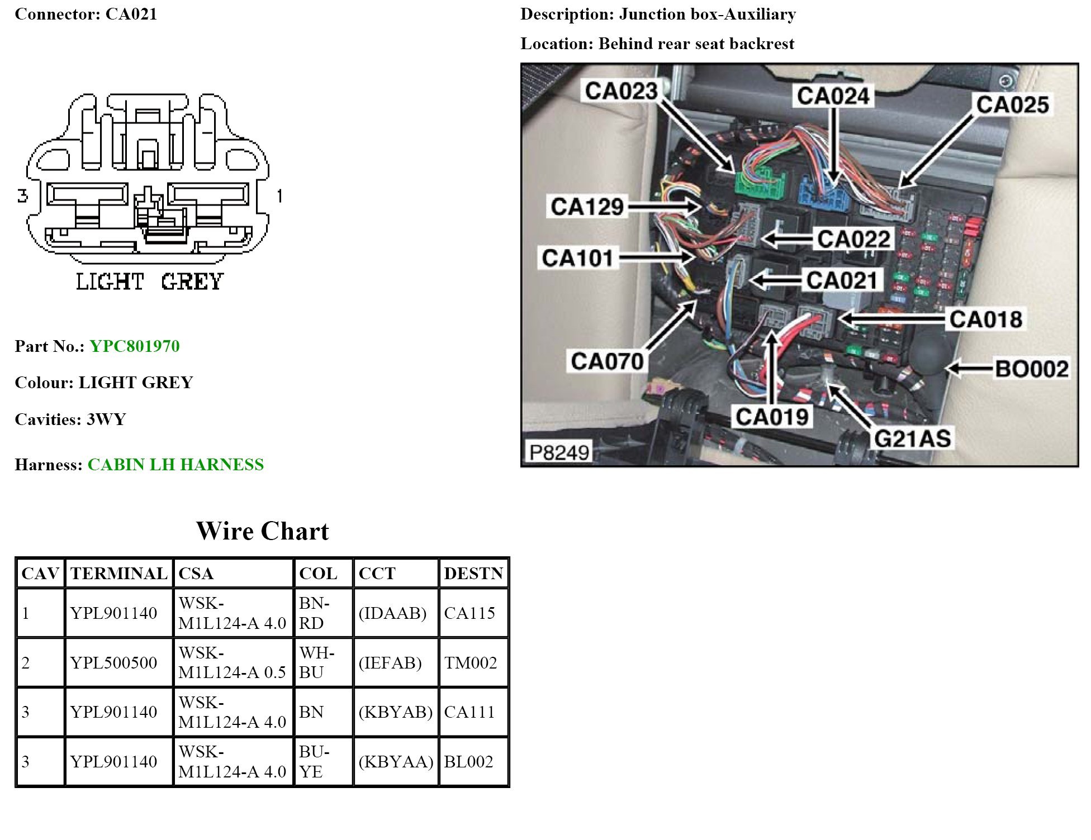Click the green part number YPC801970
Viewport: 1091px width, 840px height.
[x=135, y=346]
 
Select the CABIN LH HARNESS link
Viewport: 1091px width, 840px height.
[x=175, y=465]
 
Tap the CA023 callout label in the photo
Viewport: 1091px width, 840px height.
[x=621, y=91]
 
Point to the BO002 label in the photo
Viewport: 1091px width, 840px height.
[x=1032, y=369]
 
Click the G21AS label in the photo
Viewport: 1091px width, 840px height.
[x=912, y=439]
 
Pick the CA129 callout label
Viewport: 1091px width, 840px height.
[x=587, y=207]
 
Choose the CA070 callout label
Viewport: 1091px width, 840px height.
[x=607, y=361]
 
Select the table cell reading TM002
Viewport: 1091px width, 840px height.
[x=471, y=663]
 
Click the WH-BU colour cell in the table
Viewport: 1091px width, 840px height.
[x=317, y=663]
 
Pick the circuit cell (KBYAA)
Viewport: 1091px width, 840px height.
[x=396, y=762]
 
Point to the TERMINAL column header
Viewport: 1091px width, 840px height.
[x=118, y=574]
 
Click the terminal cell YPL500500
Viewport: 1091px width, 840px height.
[x=113, y=663]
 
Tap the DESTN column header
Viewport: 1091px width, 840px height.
[x=473, y=574]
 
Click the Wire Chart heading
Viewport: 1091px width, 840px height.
[x=262, y=531]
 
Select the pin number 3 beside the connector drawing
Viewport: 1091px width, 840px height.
[x=22, y=196]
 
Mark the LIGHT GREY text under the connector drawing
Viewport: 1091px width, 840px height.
[x=149, y=281]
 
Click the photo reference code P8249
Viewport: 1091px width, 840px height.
[x=559, y=452]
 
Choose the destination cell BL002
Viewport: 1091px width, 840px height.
[x=468, y=762]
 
